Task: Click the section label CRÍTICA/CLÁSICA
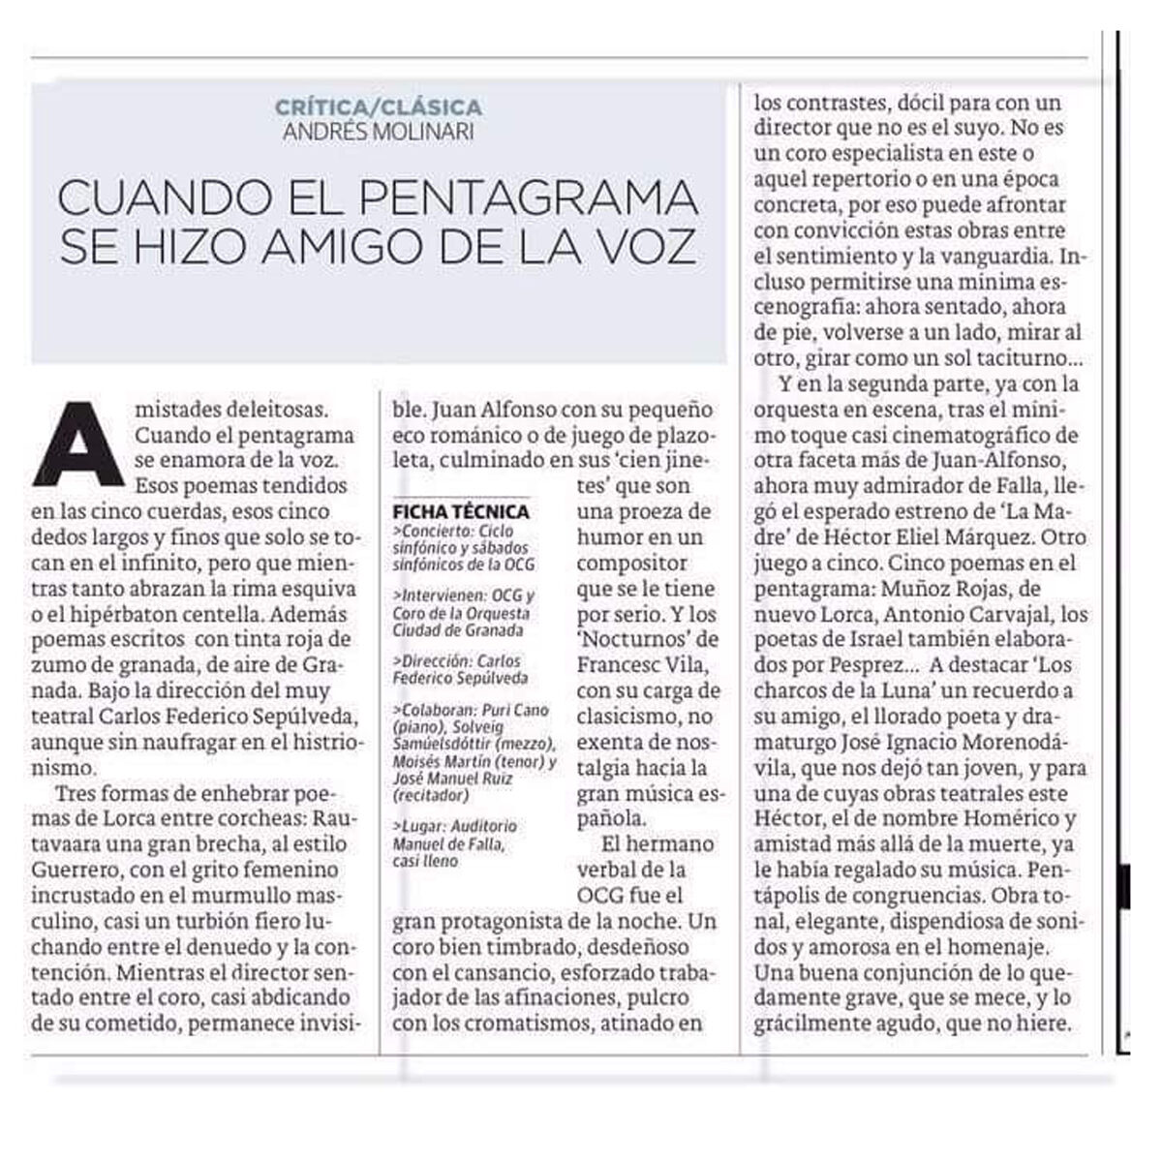(x=378, y=107)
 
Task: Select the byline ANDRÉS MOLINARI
(x=378, y=131)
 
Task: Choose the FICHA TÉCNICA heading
(x=461, y=511)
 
